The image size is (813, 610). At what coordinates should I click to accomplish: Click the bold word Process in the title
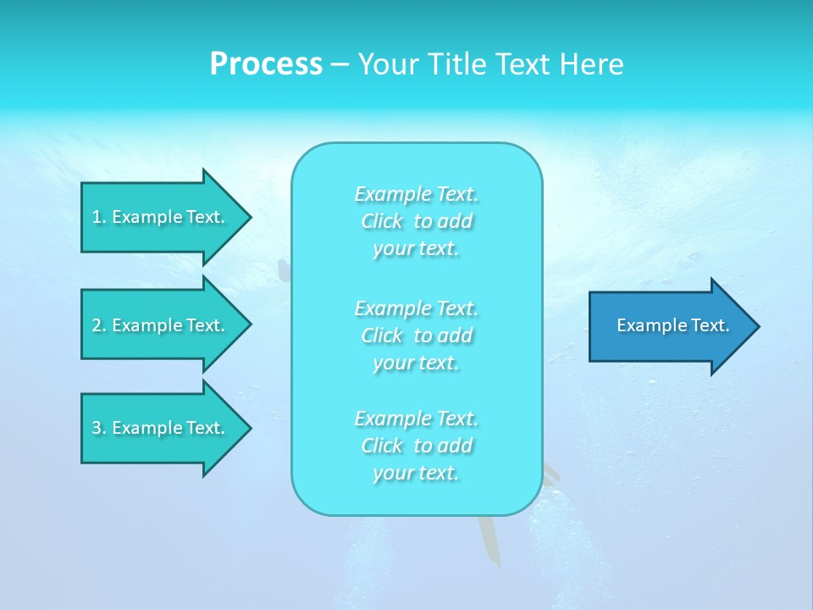tap(266, 64)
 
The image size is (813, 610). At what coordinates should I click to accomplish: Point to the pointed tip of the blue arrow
tap(756, 326)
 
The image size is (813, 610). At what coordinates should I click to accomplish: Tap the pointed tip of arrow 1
tap(248, 217)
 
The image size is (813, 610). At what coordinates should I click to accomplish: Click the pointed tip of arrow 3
tap(248, 428)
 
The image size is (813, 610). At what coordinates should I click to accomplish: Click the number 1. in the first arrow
tap(98, 217)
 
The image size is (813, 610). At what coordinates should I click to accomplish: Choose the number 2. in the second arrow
tap(98, 325)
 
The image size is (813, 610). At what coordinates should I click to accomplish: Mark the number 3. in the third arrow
tap(98, 428)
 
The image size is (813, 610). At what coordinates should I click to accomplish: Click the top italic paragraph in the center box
tap(417, 221)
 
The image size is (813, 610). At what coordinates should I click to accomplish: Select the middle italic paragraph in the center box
tap(417, 335)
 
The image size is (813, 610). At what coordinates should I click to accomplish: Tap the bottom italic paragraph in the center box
tap(417, 446)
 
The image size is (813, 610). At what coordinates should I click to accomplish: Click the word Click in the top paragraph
tap(382, 221)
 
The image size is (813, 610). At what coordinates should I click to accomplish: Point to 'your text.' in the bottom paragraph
tap(416, 473)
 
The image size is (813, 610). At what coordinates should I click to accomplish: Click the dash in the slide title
tap(340, 64)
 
